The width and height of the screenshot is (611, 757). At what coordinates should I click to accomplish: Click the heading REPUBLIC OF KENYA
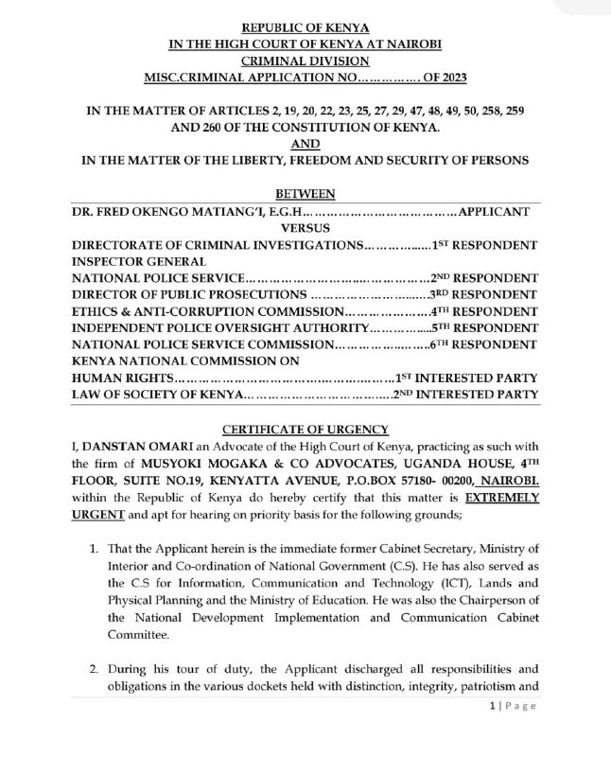click(x=306, y=28)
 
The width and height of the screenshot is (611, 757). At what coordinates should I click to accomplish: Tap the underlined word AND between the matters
click(x=306, y=143)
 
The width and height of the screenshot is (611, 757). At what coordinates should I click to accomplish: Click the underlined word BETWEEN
click(x=305, y=194)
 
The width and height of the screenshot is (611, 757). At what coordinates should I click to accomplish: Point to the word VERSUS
click(x=306, y=228)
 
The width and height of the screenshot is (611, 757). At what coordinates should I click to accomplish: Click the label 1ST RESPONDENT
click(x=485, y=244)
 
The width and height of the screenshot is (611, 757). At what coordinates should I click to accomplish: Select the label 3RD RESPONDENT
click(x=485, y=294)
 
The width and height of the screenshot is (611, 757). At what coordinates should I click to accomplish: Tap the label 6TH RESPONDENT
click(x=485, y=344)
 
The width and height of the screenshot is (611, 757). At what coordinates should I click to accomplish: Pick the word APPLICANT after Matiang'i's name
click(x=499, y=211)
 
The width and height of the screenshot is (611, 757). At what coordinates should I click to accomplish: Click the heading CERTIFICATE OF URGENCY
click(x=305, y=428)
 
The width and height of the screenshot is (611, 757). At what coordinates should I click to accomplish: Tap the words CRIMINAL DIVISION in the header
click(x=305, y=59)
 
